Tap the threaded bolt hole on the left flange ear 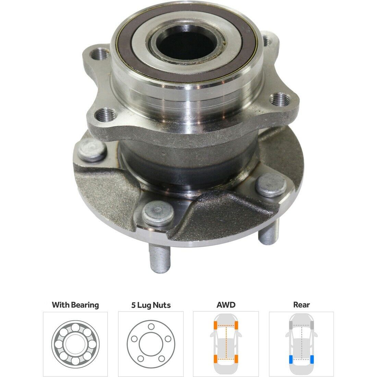pos(100,54)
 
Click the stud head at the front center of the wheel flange pos(158,213)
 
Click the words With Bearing pos(75,305)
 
